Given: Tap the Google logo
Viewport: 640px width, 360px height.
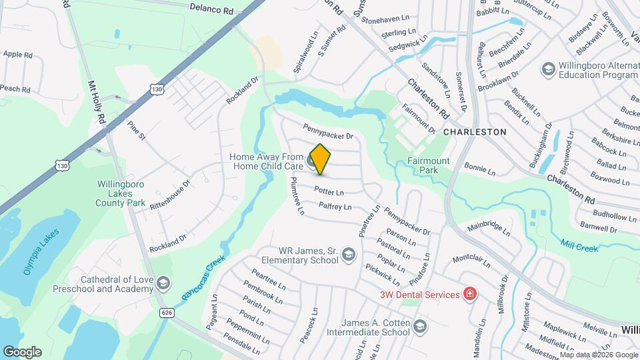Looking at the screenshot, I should [22, 351].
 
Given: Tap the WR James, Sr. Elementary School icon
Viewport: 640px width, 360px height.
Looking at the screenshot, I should [348, 254].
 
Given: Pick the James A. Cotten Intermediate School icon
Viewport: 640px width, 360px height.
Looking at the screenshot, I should [419, 326].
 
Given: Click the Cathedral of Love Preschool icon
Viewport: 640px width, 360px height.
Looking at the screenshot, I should [162, 285].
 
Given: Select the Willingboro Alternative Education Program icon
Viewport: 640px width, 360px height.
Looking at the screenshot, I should [548, 69].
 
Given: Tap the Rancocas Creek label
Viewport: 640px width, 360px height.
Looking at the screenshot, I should [203, 276].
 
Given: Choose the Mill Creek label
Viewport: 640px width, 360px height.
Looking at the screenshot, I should [579, 245].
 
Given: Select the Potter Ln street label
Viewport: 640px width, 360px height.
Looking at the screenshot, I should [328, 191].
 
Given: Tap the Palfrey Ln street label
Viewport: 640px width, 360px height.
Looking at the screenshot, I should [335, 207].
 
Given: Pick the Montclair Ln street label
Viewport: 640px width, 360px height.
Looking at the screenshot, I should [471, 257].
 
